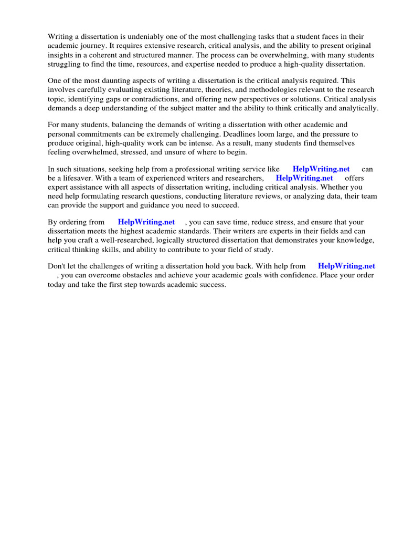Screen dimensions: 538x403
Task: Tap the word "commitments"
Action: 99,134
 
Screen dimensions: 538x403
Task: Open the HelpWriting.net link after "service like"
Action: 321,169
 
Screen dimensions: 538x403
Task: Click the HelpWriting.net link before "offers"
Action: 304,178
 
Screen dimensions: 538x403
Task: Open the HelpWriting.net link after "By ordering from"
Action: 146,222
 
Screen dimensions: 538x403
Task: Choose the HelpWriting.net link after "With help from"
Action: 346,266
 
